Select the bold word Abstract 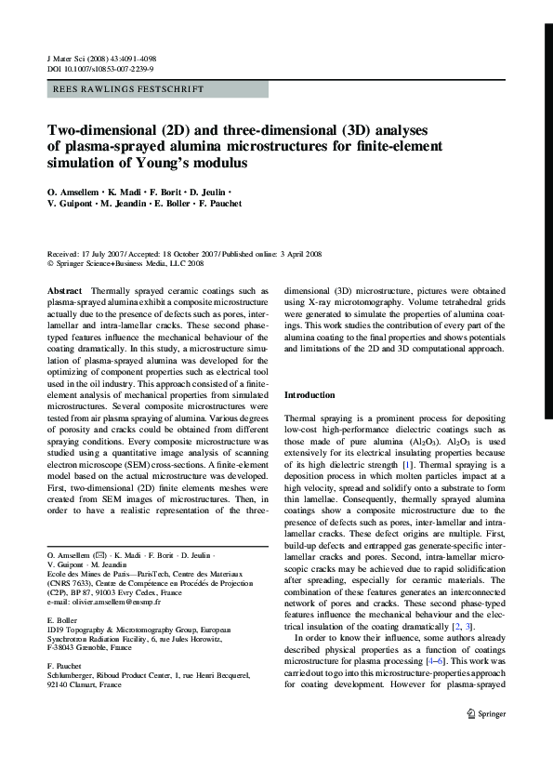coord(66,291)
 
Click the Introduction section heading coord(310,396)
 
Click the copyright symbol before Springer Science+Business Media coord(50,263)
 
